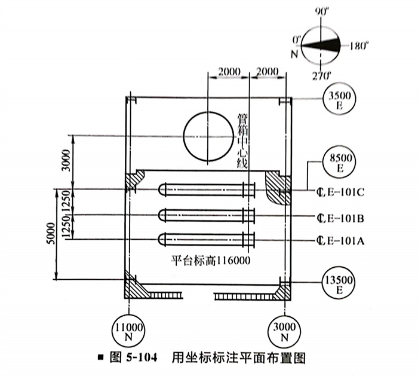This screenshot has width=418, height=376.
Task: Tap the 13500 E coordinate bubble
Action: tap(337, 282)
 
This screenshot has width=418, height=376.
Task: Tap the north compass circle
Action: tap(321, 44)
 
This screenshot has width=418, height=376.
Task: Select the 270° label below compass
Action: tap(323, 75)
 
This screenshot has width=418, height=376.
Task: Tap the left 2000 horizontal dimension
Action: tap(229, 72)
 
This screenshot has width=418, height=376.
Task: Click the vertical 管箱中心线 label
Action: tap(242, 140)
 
